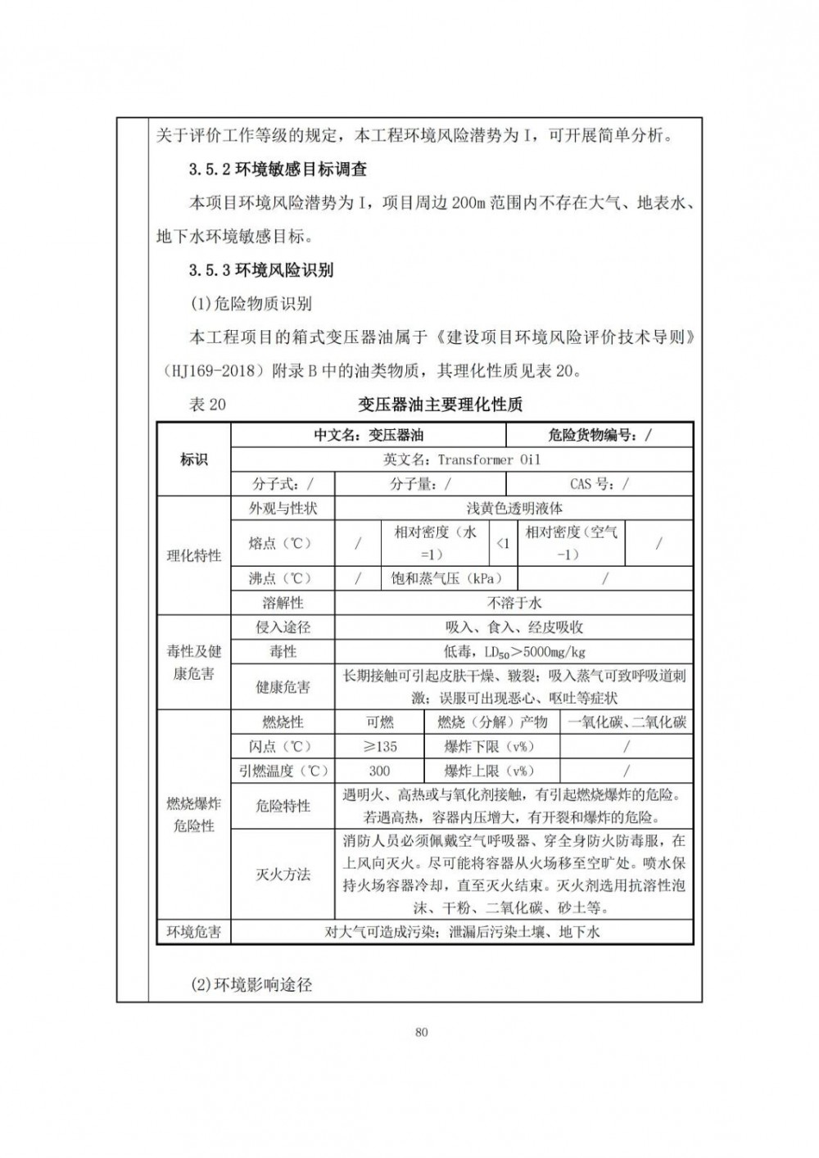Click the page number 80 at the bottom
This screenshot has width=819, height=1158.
click(422, 1032)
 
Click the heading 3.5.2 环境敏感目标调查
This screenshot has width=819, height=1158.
click(277, 170)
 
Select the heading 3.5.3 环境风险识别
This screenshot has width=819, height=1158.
click(260, 269)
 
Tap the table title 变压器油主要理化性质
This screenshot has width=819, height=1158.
click(441, 404)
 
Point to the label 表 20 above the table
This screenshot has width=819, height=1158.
click(207, 404)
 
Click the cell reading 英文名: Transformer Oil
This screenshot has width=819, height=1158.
click(462, 459)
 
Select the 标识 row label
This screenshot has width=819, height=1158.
click(194, 459)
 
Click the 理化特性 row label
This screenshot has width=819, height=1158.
click(194, 555)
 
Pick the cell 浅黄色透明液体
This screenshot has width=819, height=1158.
click(514, 508)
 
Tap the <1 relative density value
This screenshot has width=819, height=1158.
click(503, 543)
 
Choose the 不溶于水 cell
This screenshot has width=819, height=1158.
click(514, 603)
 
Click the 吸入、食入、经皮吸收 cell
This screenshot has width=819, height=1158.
click(514, 627)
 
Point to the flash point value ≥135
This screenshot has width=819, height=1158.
click(379, 746)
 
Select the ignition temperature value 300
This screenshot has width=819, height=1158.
click(379, 771)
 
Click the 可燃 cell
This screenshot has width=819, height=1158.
click(379, 721)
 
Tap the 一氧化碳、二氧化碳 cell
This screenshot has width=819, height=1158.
click(627, 721)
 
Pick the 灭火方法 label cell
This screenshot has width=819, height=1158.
click(283, 874)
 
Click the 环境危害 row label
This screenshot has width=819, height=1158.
click(194, 931)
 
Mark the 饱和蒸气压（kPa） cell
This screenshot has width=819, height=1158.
click(446, 578)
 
